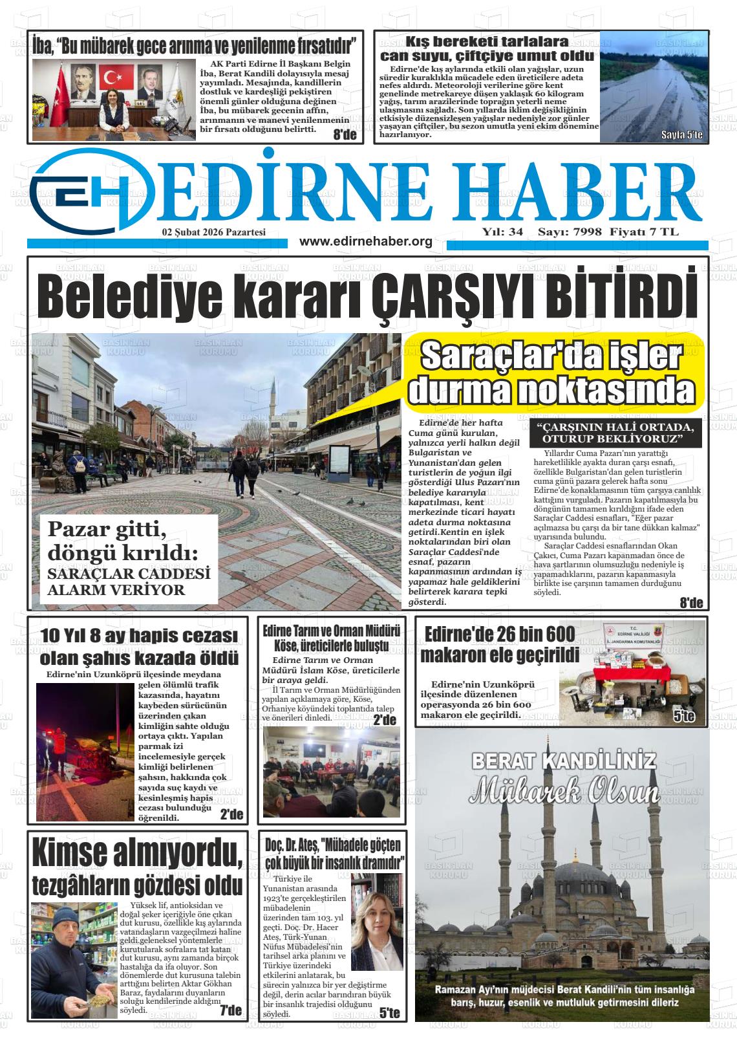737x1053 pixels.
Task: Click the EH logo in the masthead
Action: coord(91,189)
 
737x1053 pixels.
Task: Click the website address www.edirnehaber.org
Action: coord(366,242)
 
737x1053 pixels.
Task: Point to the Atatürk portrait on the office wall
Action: coord(82,82)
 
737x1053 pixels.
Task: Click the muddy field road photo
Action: coord(654,87)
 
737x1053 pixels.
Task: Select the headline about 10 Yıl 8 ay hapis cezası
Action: coord(139,647)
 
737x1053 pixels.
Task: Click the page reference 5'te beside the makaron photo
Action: coord(683,716)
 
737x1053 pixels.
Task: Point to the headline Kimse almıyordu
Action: coord(137,853)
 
